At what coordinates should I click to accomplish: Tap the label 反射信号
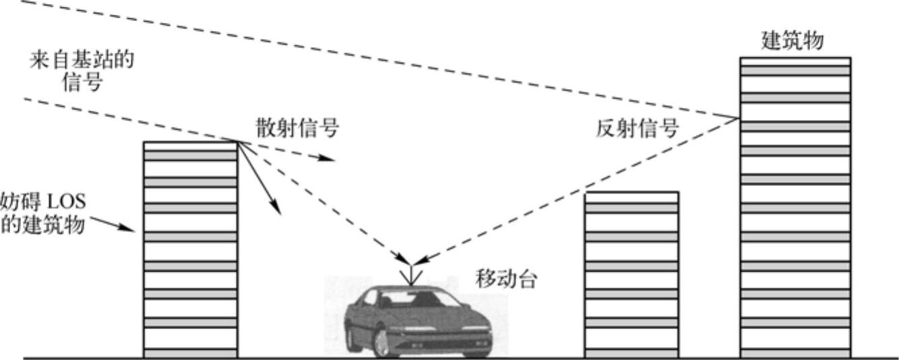(x=638, y=128)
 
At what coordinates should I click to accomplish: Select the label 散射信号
(x=297, y=128)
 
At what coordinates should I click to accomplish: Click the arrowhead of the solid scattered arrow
(x=277, y=211)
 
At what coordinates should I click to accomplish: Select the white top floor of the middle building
(x=631, y=197)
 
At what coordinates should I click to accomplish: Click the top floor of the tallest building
(x=795, y=62)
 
